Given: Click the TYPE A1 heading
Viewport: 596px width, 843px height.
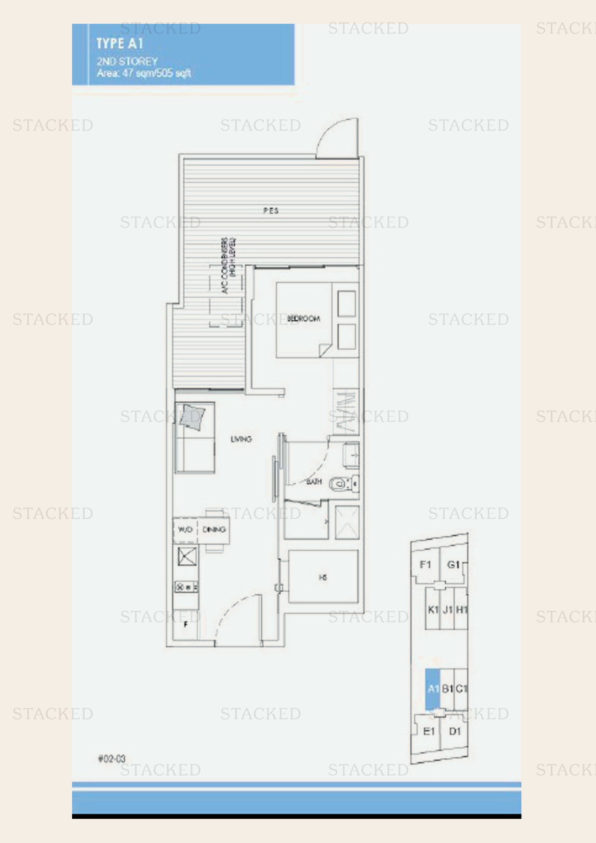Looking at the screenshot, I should [x=119, y=44].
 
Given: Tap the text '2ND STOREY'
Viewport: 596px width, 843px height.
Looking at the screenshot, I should [x=127, y=61].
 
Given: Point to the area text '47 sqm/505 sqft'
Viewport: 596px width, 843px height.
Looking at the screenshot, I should [x=156, y=73].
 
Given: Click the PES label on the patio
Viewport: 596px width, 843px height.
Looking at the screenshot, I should [x=271, y=210].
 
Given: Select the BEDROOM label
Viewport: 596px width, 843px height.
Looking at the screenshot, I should [x=303, y=318].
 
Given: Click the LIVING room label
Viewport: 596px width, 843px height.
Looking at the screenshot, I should [x=241, y=439].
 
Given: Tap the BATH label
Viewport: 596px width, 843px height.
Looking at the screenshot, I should [x=314, y=482].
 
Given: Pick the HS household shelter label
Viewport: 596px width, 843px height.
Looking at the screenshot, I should [x=323, y=577].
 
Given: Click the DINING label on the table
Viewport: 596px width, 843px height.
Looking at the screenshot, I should [x=214, y=529].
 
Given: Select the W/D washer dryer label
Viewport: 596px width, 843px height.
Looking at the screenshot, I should [x=185, y=529].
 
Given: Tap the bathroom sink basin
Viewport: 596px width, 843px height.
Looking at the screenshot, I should [x=351, y=455].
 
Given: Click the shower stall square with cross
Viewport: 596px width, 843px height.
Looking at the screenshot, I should [x=347, y=523].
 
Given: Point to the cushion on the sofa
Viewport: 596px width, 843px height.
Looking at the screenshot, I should [x=192, y=417].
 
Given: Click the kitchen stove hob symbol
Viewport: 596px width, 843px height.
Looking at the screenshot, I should [x=186, y=587].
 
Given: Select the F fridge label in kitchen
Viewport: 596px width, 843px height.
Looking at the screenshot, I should [x=186, y=624].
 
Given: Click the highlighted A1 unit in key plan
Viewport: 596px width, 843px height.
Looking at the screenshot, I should [x=433, y=688].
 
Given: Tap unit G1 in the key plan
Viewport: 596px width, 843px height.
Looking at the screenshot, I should [x=453, y=565].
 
